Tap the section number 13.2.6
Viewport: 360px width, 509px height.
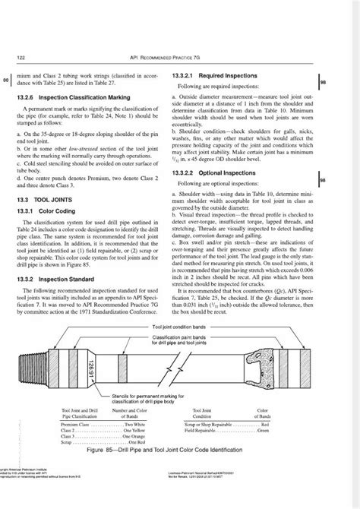tap(27, 98)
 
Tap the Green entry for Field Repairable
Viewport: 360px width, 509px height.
tap(263, 430)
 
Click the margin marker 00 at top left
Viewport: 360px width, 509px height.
tap(6, 80)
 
